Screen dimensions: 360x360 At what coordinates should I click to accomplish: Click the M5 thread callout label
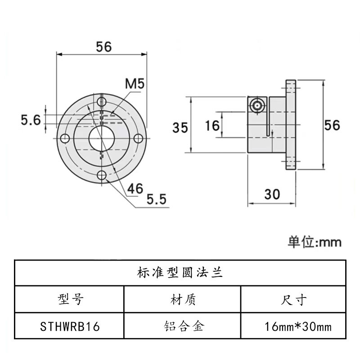(134, 83)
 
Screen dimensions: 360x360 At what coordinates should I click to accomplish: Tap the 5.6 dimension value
(31, 120)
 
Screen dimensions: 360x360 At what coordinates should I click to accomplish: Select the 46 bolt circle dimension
(134, 188)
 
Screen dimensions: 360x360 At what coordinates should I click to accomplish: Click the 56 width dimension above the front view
(103, 46)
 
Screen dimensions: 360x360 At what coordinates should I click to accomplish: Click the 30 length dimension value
(272, 194)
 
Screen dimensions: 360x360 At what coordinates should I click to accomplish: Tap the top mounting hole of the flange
(102, 100)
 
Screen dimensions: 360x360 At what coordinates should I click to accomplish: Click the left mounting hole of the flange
(65, 138)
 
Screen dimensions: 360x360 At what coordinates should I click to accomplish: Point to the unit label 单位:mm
(315, 242)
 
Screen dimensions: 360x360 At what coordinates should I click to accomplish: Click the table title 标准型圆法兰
(180, 272)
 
